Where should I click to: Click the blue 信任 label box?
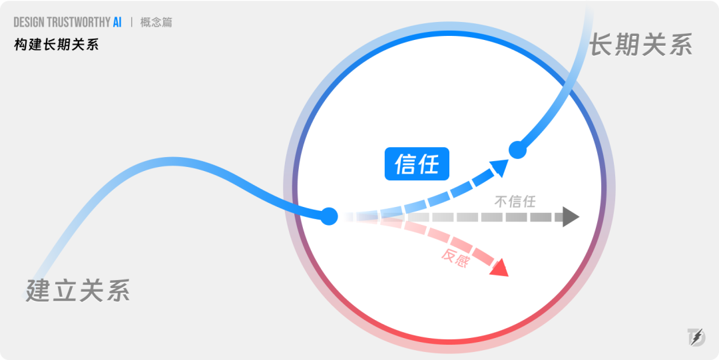coord(417,164)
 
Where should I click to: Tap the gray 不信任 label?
coord(515,202)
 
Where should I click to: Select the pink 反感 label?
coord(455,258)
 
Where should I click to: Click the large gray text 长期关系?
coord(640,44)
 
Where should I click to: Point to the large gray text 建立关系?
coord(78,290)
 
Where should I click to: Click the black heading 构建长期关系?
coord(57,45)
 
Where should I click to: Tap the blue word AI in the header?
coord(117,22)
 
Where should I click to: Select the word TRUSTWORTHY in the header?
coord(79,22)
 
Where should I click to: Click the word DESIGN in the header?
coord(29,22)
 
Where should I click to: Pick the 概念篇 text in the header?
coord(156,22)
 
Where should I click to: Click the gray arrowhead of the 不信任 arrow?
coord(571,216)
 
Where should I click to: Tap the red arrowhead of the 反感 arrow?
coord(500,268)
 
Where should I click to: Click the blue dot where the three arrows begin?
coord(329,216)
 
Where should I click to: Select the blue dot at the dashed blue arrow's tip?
coord(518,150)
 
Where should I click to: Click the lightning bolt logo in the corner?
coord(696,337)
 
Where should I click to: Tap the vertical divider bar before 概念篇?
coord(132,22)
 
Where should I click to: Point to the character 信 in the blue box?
coord(405,164)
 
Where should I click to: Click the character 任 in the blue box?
coord(429,164)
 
